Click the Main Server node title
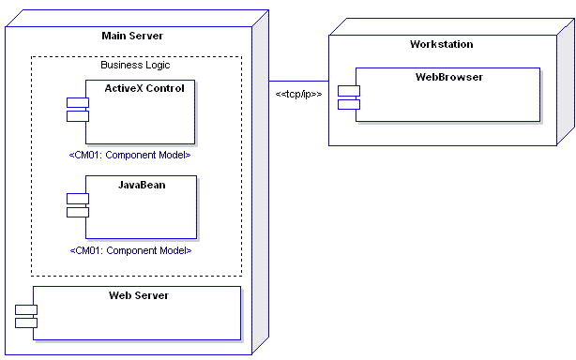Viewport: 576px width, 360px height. (132, 36)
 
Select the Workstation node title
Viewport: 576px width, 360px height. (441, 44)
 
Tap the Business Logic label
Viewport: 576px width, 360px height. (136, 65)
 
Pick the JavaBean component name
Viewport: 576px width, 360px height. (142, 185)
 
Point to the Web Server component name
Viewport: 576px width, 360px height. (138, 295)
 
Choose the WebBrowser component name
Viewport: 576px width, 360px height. (448, 77)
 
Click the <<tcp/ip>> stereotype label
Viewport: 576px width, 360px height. (298, 94)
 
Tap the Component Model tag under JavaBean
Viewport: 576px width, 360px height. (130, 250)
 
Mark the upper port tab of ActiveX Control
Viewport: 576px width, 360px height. (77, 102)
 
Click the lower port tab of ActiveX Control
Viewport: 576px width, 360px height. (77, 116)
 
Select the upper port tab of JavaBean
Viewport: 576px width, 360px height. (77, 198)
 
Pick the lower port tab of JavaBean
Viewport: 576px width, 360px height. (77, 212)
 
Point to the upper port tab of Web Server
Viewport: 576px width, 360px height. (25, 309)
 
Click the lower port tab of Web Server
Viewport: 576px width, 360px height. (25, 322)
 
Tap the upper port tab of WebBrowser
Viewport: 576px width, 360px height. (348, 90)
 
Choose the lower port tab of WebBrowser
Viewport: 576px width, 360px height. (348, 104)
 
